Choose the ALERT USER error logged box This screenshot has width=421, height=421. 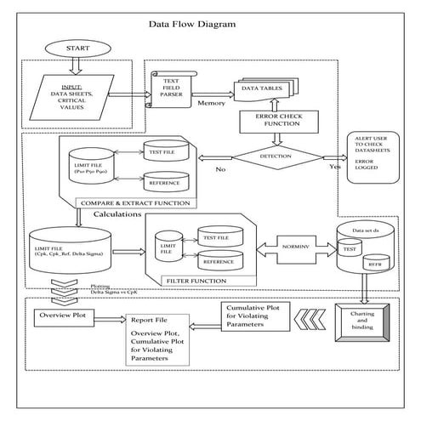[378, 156]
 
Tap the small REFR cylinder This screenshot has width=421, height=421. [375, 266]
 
